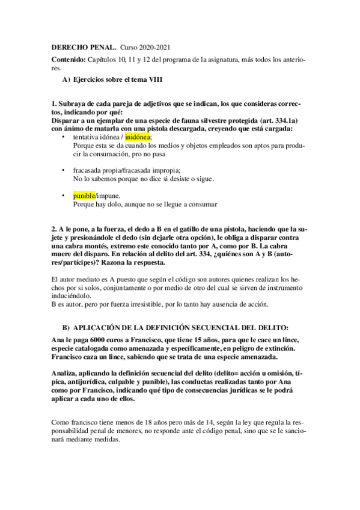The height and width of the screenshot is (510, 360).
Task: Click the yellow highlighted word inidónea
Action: tap(138, 137)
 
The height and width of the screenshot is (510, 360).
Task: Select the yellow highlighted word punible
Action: tap(84, 196)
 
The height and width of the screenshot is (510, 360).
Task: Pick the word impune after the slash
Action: tap(108, 196)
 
